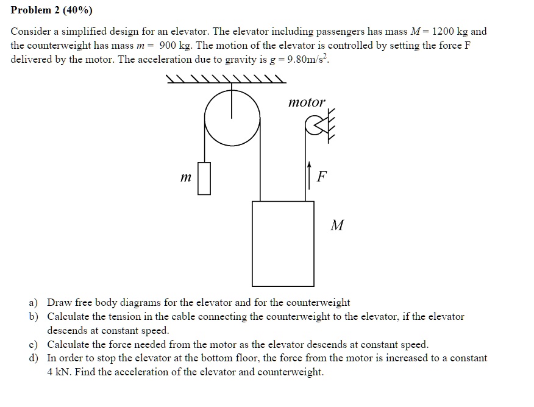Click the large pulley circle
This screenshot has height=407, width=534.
pyautogui.click(x=232, y=119)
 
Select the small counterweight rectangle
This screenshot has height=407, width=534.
pyautogui.click(x=204, y=178)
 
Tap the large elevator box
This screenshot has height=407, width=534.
pyautogui.click(x=283, y=243)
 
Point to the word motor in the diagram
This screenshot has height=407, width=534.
pyautogui.click(x=307, y=102)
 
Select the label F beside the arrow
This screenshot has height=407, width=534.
pyautogui.click(x=322, y=177)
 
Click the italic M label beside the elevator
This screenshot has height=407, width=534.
pyautogui.click(x=336, y=225)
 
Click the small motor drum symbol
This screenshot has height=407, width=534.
pyautogui.click(x=314, y=126)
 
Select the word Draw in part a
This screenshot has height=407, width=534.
pyautogui.click(x=59, y=302)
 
